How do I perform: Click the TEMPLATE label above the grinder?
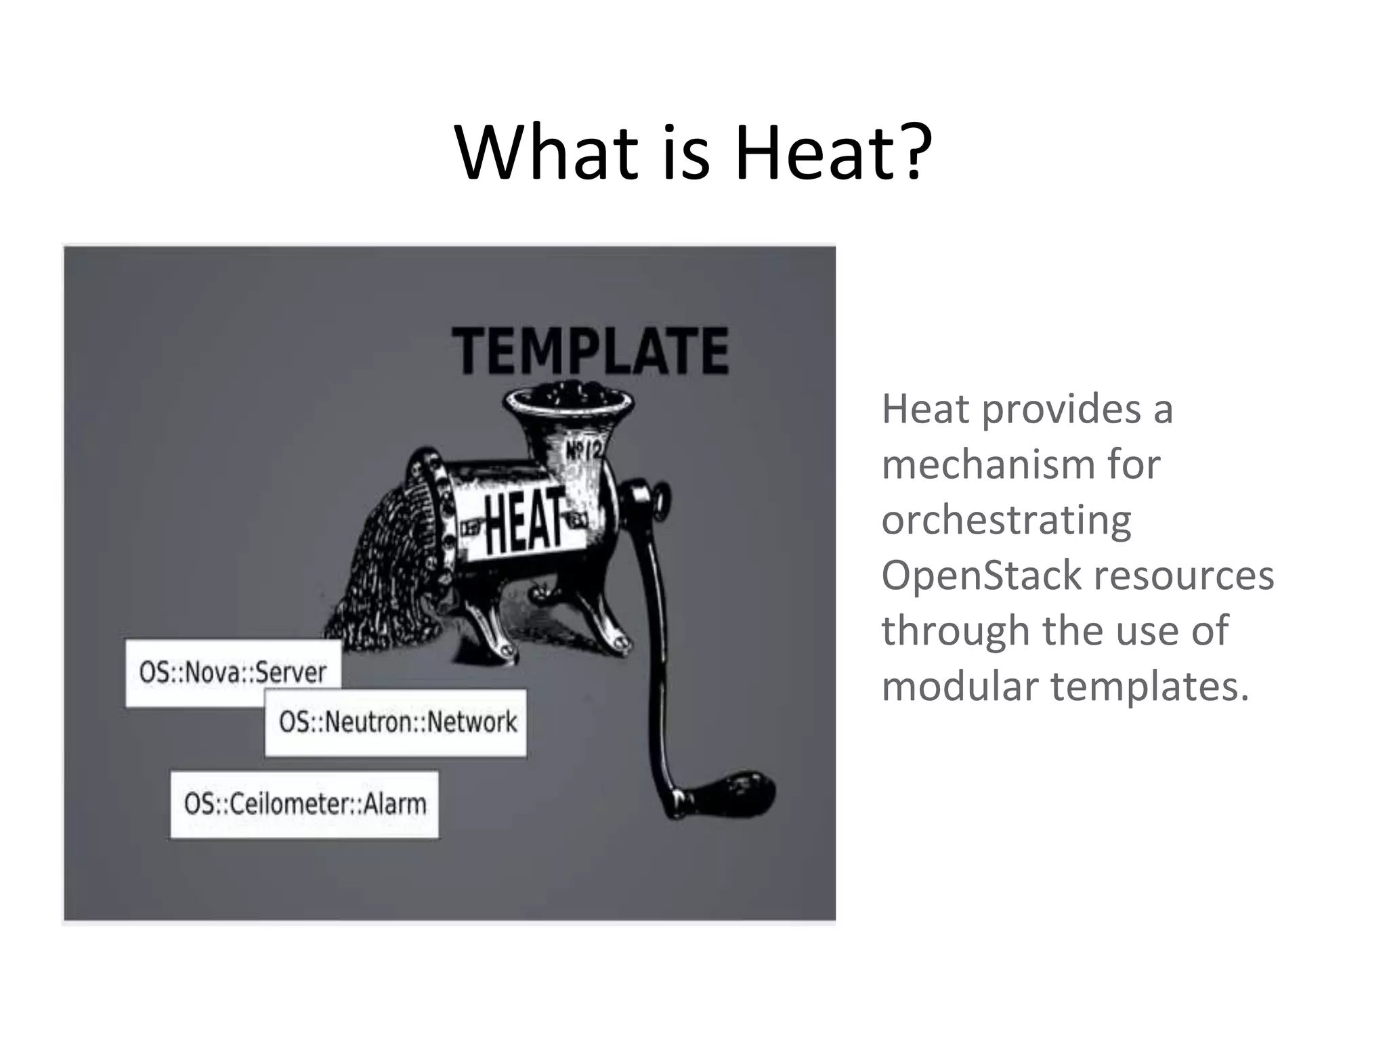591,351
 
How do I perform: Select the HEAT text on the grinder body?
524,520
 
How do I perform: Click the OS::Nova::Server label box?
233,672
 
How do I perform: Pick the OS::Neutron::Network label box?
397,722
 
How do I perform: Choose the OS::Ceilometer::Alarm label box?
305,804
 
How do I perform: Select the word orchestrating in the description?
1006,520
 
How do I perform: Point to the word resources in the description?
1184,576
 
